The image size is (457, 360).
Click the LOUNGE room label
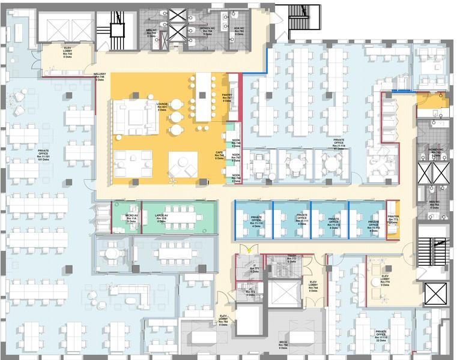click(x=162, y=107)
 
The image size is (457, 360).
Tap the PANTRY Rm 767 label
click(x=227, y=98)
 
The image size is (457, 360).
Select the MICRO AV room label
click(x=132, y=218)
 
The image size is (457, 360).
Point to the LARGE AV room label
click(x=161, y=218)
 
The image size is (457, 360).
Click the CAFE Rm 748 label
click(x=220, y=156)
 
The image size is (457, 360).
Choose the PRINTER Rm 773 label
click(x=393, y=221)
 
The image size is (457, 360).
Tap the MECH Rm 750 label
click(x=282, y=344)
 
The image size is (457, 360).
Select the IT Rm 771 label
click(x=256, y=269)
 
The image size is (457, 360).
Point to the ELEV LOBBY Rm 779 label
click(x=385, y=280)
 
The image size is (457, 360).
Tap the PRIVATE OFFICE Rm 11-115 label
click(x=381, y=335)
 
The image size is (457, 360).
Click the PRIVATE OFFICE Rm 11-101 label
click(x=43, y=155)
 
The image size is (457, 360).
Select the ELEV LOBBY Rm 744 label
click(x=313, y=285)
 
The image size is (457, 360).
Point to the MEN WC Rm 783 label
click(x=434, y=206)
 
